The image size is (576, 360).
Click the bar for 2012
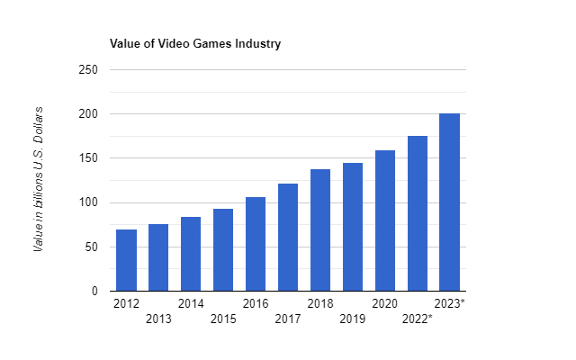(x=126, y=260)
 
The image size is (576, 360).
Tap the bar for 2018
(x=320, y=230)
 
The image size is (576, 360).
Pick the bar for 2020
(x=385, y=220)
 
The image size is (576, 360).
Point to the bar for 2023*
(x=450, y=202)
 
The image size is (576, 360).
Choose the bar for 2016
(x=256, y=244)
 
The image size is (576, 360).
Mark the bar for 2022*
(x=418, y=213)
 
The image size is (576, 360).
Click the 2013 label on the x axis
(x=158, y=319)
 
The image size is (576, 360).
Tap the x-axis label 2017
(x=288, y=319)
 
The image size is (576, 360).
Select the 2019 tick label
(x=353, y=319)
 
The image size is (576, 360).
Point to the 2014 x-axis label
(x=191, y=303)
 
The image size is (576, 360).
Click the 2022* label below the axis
(x=418, y=319)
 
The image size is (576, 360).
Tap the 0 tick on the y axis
(x=93, y=292)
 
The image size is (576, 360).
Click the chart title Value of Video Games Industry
(x=193, y=43)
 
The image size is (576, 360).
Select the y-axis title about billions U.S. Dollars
(x=39, y=180)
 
